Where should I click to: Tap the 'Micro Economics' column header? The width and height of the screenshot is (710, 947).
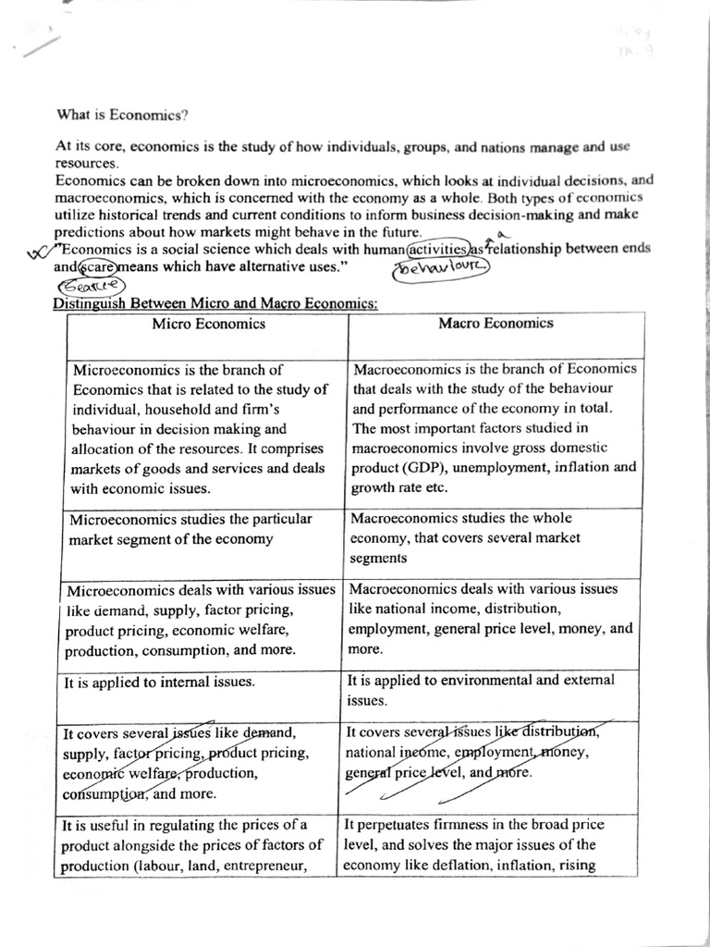pyautogui.click(x=208, y=324)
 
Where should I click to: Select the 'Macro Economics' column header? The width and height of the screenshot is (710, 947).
pyautogui.click(x=496, y=323)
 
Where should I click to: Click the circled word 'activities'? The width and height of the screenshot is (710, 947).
pyautogui.click(x=438, y=249)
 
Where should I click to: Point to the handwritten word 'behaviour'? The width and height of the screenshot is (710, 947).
pyautogui.click(x=442, y=267)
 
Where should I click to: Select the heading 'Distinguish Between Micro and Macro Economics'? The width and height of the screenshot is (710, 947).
pyautogui.click(x=216, y=303)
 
